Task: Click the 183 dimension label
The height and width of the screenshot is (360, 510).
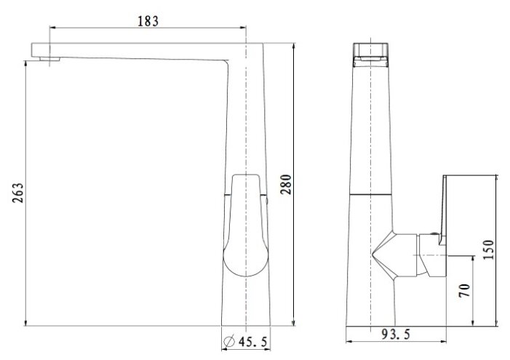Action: tap(148, 22)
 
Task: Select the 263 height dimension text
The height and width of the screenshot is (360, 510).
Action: tap(18, 193)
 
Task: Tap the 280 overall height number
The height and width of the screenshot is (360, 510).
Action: tap(286, 185)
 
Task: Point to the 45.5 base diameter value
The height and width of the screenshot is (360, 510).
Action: tap(252, 342)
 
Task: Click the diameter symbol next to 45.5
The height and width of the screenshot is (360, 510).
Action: tap(229, 341)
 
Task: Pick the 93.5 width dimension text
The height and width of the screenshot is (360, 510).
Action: tap(396, 334)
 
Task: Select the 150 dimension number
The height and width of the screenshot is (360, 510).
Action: tap(488, 249)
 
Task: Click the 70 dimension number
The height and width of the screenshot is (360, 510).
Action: tap(465, 290)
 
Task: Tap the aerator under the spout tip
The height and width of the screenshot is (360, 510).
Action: tap(49, 59)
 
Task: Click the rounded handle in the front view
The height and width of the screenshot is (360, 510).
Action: tap(246, 225)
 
